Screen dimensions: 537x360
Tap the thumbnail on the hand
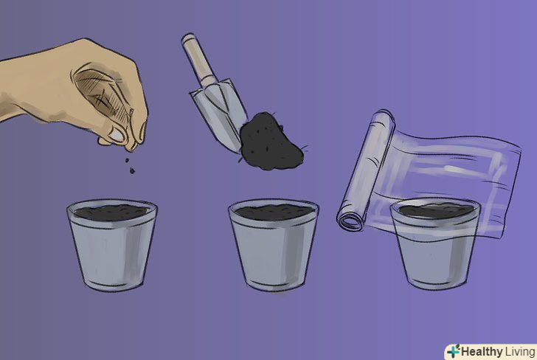(x=117, y=134)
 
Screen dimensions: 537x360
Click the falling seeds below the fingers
(x=130, y=165)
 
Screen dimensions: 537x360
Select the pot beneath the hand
(x=112, y=245)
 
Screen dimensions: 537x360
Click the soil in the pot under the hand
(x=111, y=212)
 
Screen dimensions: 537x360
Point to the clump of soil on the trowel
(x=271, y=141)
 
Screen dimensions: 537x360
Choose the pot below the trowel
(x=273, y=245)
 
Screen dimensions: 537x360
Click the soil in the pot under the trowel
(x=274, y=212)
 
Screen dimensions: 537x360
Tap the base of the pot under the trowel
(x=274, y=285)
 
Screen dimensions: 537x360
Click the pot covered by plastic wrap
(x=435, y=244)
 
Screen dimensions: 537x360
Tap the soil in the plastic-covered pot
(x=436, y=211)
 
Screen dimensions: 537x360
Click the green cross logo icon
(x=454, y=351)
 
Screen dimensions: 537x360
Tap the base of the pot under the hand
(x=112, y=285)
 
